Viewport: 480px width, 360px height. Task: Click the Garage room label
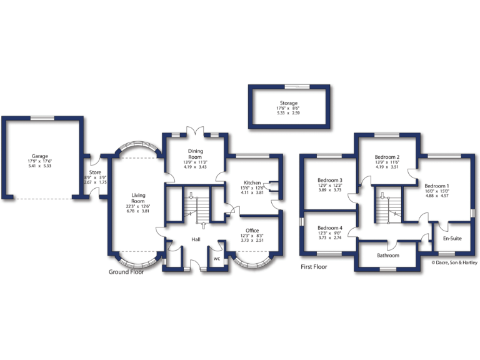coord(40,156)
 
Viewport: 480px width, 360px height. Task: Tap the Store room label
coord(95,172)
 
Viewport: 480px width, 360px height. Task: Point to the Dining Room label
coord(194,154)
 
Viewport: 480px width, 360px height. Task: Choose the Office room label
coord(252,231)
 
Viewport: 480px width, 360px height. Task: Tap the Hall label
coord(196,240)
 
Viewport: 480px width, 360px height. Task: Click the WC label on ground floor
coord(216,258)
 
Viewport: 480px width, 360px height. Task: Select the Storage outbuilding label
coord(288,103)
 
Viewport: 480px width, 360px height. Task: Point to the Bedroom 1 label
coord(436,186)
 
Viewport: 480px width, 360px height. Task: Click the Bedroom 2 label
coord(387,157)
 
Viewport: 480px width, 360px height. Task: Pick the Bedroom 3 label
coord(329,181)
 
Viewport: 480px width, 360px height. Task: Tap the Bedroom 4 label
coord(329,227)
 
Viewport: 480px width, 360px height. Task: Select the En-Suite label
coord(452,239)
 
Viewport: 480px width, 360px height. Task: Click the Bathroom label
coord(387,255)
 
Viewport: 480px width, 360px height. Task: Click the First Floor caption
coord(314,266)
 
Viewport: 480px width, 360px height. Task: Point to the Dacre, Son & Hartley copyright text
coord(454,263)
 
